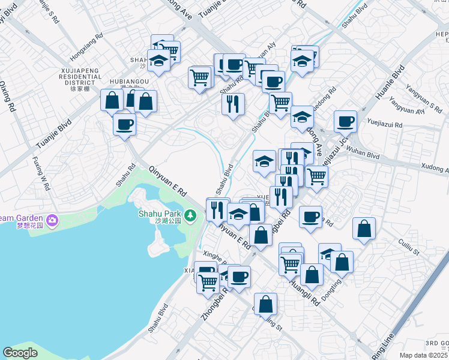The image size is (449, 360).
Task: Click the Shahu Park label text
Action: pyautogui.click(x=169, y=213)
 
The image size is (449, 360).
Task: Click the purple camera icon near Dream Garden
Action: pyautogui.click(x=52, y=220)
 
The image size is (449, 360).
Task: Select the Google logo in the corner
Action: pyautogui.click(x=20, y=353)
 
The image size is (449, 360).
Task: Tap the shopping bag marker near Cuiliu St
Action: pyautogui.click(x=364, y=229)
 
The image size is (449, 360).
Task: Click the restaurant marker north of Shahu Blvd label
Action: pyautogui.click(x=233, y=104)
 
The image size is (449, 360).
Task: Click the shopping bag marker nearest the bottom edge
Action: pyautogui.click(x=265, y=304)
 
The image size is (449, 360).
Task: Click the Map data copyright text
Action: pyautogui.click(x=424, y=355)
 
